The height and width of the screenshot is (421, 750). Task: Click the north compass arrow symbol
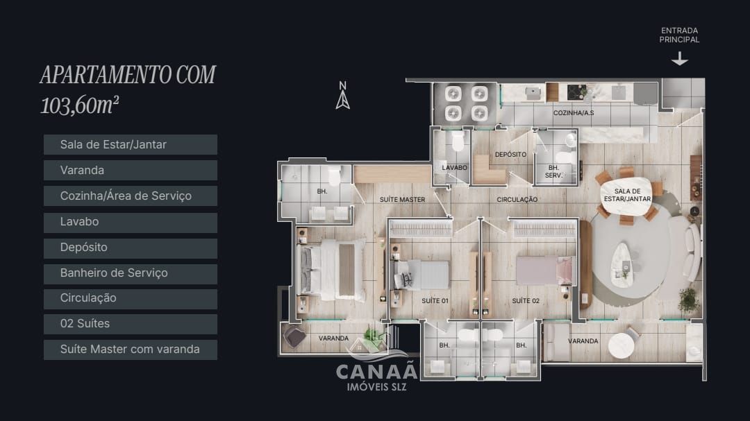[x=342, y=97]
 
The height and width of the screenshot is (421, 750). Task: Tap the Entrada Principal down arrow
[x=679, y=60]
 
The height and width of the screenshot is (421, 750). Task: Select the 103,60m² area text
[x=80, y=105]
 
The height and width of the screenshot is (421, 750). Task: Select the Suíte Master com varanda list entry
[x=130, y=350]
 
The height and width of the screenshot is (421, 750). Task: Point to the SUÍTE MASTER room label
[x=402, y=200]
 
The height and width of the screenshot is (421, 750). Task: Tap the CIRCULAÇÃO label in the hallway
[x=517, y=200]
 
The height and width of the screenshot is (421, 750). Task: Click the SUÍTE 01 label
[x=435, y=301]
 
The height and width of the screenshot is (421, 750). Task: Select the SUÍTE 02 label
[x=526, y=301]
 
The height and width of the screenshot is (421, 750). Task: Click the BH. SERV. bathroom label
[x=554, y=171]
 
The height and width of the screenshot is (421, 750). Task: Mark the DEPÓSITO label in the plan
[x=510, y=155]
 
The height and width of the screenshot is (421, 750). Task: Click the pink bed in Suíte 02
[x=545, y=270]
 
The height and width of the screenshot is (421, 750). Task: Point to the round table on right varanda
[x=622, y=345]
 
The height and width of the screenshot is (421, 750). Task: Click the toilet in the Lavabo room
[x=458, y=144]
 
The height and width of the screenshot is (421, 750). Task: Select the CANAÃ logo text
[x=376, y=372]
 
